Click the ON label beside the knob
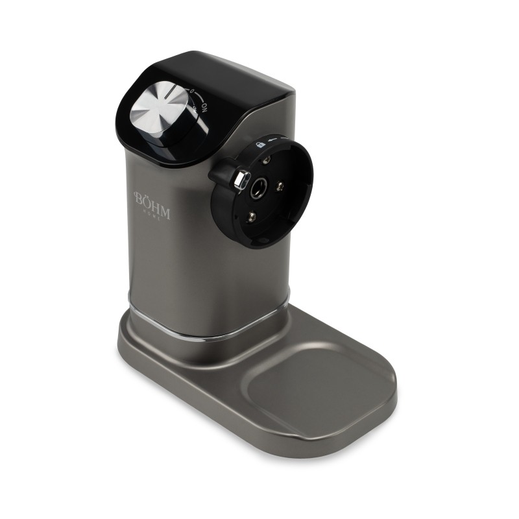[x=204, y=104]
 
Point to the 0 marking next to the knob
[x=193, y=92]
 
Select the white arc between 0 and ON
[x=199, y=97]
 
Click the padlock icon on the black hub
[x=260, y=145]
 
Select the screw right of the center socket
[x=280, y=186]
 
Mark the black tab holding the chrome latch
[x=224, y=174]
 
